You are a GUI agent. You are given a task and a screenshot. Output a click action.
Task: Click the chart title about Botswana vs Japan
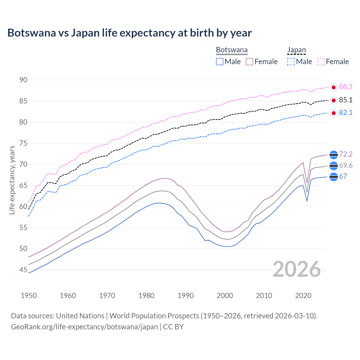point(129,33)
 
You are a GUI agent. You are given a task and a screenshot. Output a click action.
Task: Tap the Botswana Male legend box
point(220,62)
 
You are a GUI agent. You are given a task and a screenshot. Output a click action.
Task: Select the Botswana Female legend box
point(249,62)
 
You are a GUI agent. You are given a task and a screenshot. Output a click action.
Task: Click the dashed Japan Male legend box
point(291,62)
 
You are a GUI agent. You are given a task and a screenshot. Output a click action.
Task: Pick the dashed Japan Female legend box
point(321,62)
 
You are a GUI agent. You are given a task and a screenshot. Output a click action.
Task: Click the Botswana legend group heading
point(232,50)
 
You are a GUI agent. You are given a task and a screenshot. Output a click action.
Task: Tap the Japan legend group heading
point(296,50)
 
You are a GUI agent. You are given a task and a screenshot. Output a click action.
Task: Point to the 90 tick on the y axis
point(23,80)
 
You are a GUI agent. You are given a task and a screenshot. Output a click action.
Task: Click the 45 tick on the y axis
point(23,270)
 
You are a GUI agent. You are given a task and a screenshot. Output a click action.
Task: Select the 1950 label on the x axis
point(29,296)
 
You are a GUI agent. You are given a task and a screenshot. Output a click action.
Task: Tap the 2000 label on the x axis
point(225,296)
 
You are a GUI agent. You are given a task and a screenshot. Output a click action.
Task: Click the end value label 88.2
point(346,87)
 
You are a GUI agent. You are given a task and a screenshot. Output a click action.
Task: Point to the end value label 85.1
point(346,100)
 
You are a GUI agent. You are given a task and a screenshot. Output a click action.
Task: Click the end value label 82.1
point(346,113)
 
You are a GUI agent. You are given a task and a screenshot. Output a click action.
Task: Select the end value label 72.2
point(346,154)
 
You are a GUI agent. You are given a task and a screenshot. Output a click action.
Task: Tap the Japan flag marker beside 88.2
point(334,87)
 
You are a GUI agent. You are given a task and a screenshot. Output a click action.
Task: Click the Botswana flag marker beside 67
point(334,177)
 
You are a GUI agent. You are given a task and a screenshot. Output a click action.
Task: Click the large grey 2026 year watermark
point(297,269)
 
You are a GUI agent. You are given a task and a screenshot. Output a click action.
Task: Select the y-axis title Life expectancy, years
point(12,180)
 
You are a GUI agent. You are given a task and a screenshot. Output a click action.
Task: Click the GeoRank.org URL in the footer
point(84,327)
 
